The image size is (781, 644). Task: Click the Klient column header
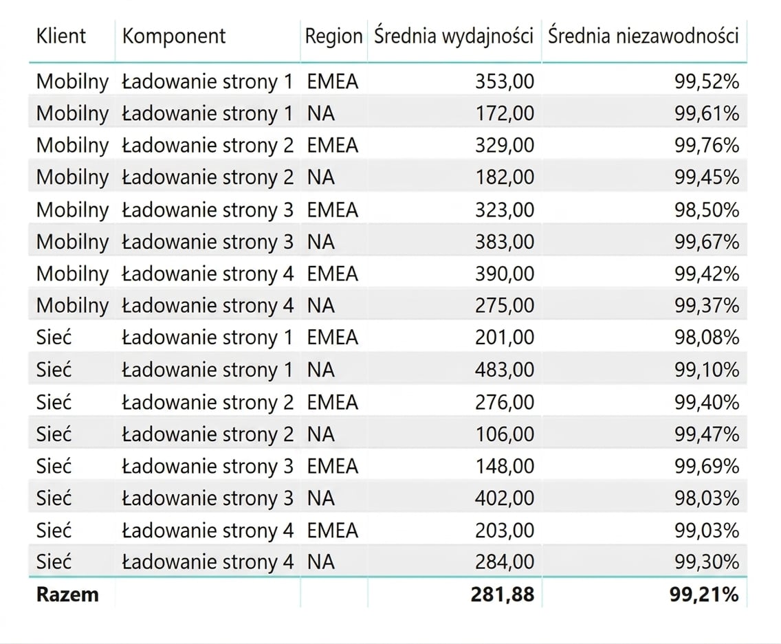tap(60, 36)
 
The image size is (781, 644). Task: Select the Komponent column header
tap(174, 37)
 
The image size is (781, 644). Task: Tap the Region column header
tap(333, 37)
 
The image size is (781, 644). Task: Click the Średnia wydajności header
tap(454, 37)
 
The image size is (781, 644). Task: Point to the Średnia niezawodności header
tap(643, 36)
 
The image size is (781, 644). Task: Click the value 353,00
tap(505, 81)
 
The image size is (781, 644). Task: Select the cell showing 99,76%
tap(707, 146)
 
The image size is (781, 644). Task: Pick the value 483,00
tap(505, 370)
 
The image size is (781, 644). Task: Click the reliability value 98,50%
tap(707, 210)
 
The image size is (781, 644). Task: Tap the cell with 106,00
tap(505, 434)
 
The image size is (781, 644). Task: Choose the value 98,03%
tap(707, 498)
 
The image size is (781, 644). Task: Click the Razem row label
tap(67, 595)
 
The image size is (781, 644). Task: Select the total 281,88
tap(503, 595)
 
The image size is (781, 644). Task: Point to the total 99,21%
tap(704, 595)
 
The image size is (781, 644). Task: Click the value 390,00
tap(505, 274)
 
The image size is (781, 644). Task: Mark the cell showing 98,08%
tap(707, 337)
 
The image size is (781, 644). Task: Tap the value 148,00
tap(505, 466)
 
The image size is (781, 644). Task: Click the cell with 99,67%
tap(707, 241)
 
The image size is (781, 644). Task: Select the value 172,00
tap(505, 113)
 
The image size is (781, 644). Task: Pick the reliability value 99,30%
tap(707, 562)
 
